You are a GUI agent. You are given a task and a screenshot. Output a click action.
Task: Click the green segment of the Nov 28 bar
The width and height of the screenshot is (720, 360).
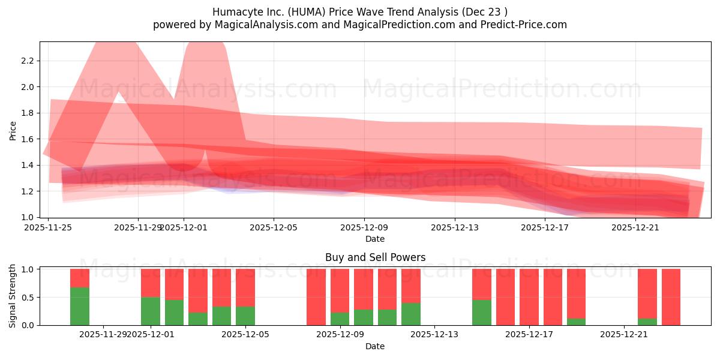click(x=80, y=306)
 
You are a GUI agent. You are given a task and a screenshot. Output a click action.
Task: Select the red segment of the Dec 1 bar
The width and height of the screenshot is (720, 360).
click(x=151, y=283)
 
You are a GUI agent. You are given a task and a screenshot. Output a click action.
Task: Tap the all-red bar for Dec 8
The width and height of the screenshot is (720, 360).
click(x=316, y=297)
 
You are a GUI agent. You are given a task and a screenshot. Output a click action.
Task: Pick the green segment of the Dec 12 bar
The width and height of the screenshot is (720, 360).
click(x=411, y=314)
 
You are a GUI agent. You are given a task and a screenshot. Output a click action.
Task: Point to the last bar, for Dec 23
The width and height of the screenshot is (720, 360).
click(x=671, y=297)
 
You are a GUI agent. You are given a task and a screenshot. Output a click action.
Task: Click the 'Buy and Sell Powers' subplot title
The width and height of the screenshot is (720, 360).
click(x=375, y=257)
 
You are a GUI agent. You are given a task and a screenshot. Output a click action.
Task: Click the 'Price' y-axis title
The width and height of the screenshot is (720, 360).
click(x=13, y=130)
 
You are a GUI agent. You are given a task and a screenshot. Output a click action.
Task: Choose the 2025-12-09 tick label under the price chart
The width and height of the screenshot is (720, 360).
click(x=364, y=227)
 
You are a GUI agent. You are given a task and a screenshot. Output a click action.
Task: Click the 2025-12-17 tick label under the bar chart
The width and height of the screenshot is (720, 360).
click(x=529, y=335)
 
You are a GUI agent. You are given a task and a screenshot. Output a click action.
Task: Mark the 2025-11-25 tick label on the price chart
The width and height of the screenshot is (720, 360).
click(x=49, y=227)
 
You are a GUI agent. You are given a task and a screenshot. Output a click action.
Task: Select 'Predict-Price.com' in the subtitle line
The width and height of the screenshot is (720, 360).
click(x=526, y=25)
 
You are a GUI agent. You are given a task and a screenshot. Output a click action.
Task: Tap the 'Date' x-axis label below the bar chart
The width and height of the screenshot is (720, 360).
click(x=375, y=346)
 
